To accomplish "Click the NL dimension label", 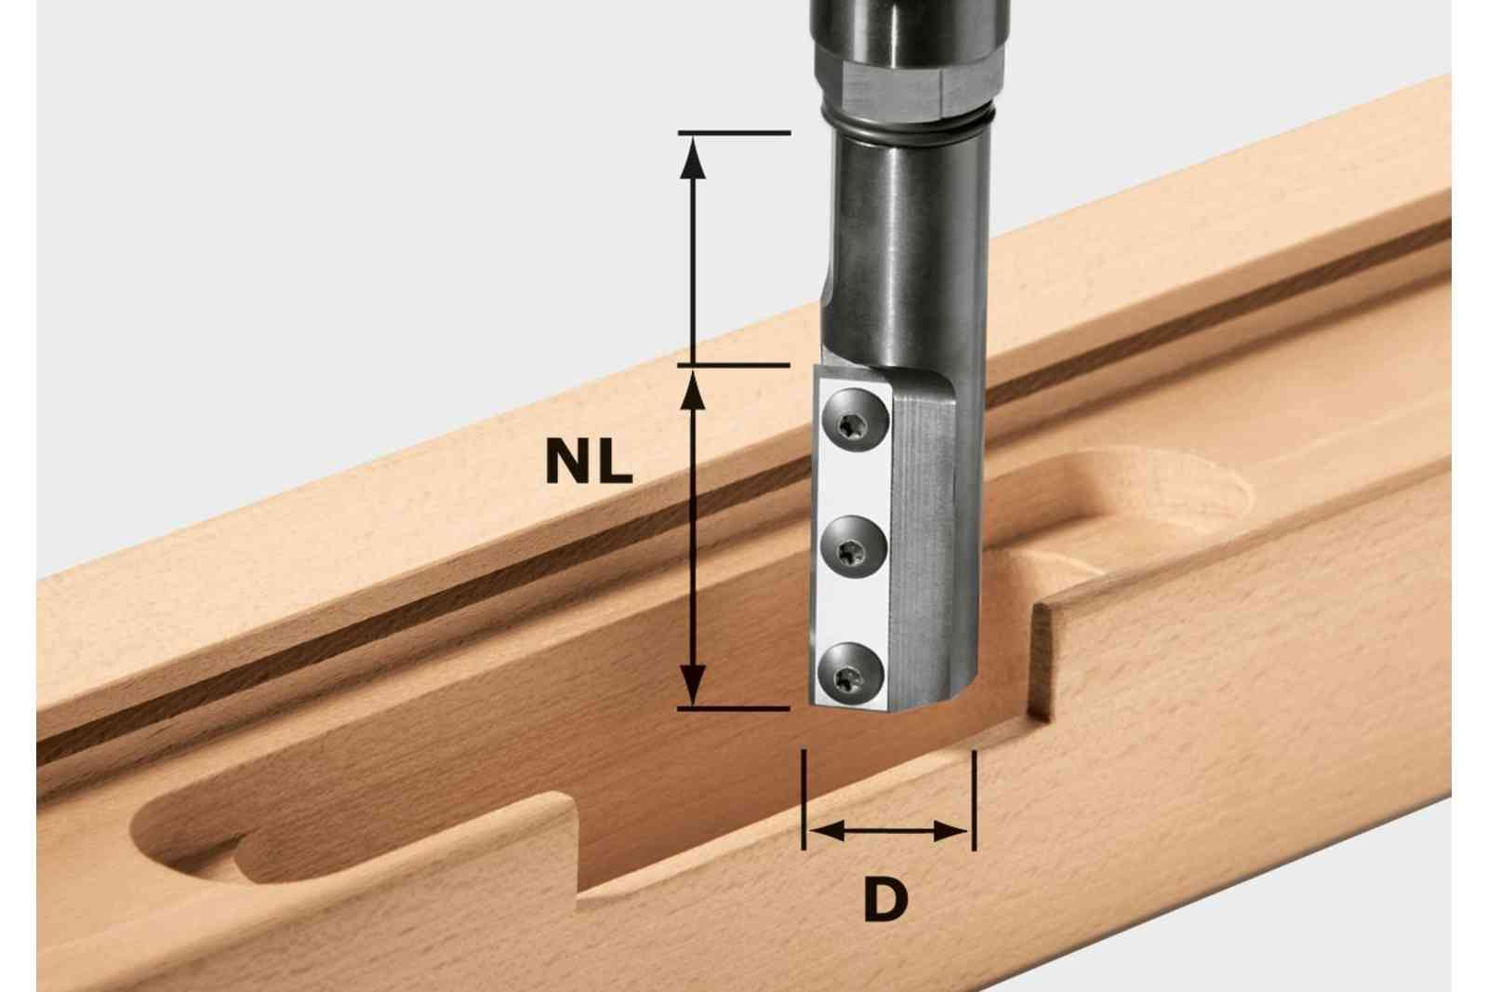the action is (x=589, y=463).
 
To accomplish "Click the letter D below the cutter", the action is (x=885, y=900).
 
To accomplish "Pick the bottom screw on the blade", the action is (x=851, y=677).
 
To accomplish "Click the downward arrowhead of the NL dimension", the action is (x=693, y=685).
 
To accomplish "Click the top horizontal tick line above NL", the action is (x=734, y=133).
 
